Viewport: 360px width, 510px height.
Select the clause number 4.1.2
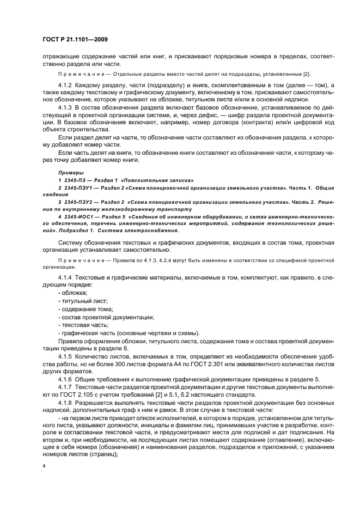coord(66,86)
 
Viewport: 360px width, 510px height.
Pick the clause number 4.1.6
coord(66,379)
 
